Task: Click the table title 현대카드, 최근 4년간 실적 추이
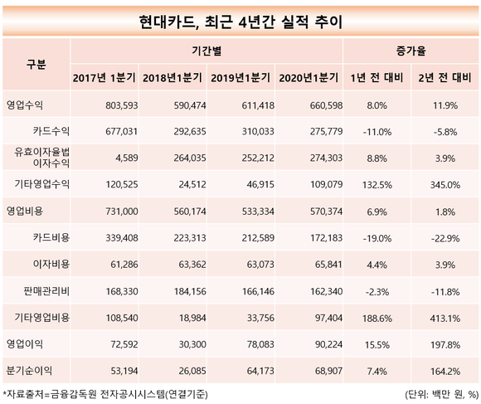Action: coord(240,22)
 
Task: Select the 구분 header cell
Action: coord(36,65)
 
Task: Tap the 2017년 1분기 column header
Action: coord(104,78)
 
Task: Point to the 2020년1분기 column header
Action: coord(309,78)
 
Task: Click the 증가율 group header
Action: coord(411,51)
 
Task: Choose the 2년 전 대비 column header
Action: coord(445,78)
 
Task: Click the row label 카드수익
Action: coord(51,131)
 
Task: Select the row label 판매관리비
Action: coord(46,291)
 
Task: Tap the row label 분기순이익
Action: coord(29,371)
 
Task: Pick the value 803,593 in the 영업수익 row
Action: coord(122,105)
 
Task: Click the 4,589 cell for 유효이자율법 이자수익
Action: coord(126,158)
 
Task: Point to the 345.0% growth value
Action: coord(445,185)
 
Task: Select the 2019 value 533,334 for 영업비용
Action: coord(258,212)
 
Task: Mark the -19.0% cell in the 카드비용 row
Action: coord(377,238)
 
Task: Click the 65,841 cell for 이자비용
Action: coord(328,265)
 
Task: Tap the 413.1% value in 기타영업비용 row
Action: coord(445,319)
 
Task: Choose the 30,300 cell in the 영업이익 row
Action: coord(192,344)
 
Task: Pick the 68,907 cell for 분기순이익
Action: coord(328,371)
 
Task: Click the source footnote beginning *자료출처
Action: coord(105,394)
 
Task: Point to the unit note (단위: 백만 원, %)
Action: coord(441,394)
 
